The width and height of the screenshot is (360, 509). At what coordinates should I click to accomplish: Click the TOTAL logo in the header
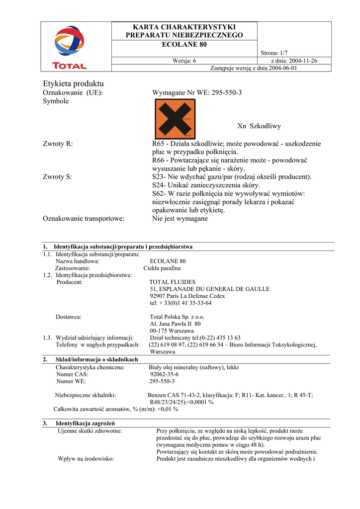(x=70, y=47)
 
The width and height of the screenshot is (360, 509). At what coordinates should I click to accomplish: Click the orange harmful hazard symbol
(x=175, y=119)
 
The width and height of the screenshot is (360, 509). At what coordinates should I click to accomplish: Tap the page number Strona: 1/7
(x=274, y=53)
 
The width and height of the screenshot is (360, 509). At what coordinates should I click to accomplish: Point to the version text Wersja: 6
(x=184, y=61)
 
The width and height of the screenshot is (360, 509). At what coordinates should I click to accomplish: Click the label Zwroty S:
(x=58, y=176)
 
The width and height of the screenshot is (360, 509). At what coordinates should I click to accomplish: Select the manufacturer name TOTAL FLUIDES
(x=173, y=282)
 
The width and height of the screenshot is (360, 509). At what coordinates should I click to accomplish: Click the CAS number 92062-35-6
(x=164, y=374)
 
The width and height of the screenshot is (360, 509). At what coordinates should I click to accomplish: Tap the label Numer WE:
(x=71, y=381)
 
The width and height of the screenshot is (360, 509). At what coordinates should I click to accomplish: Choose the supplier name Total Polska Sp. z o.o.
(x=177, y=317)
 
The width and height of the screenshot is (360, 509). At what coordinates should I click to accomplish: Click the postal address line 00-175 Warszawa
(x=172, y=331)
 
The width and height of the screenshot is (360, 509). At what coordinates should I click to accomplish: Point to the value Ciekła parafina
(x=159, y=268)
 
